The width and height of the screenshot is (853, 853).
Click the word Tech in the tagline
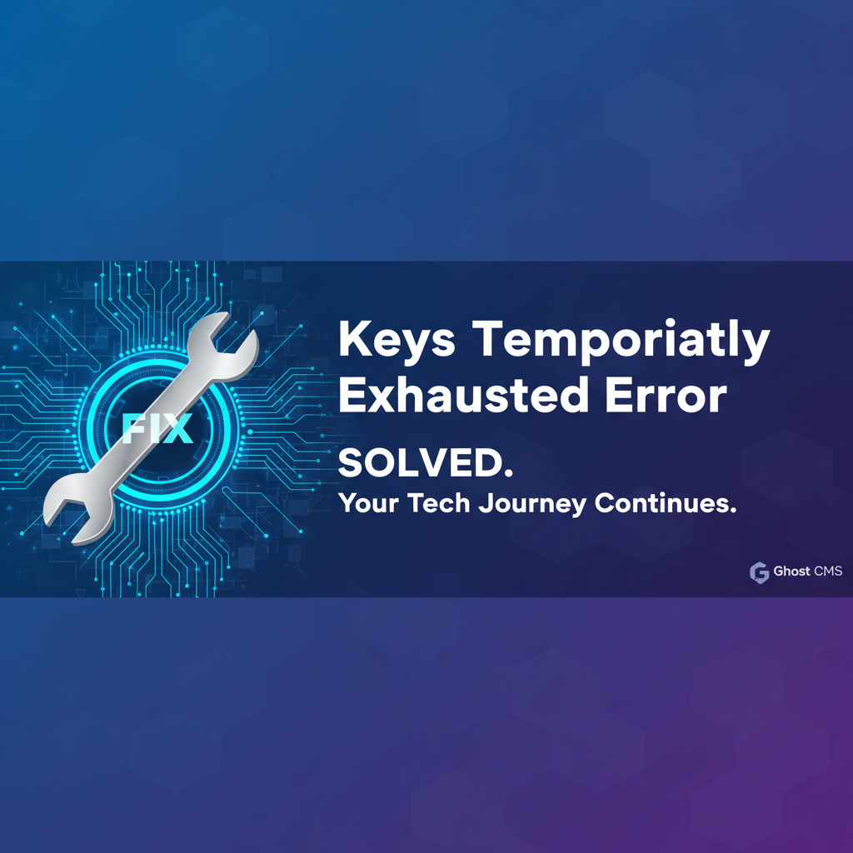[x=438, y=502]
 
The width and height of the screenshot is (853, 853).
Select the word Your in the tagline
[x=369, y=502]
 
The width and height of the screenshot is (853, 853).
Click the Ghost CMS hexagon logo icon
[x=760, y=572]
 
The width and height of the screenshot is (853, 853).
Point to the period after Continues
[x=733, y=511]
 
